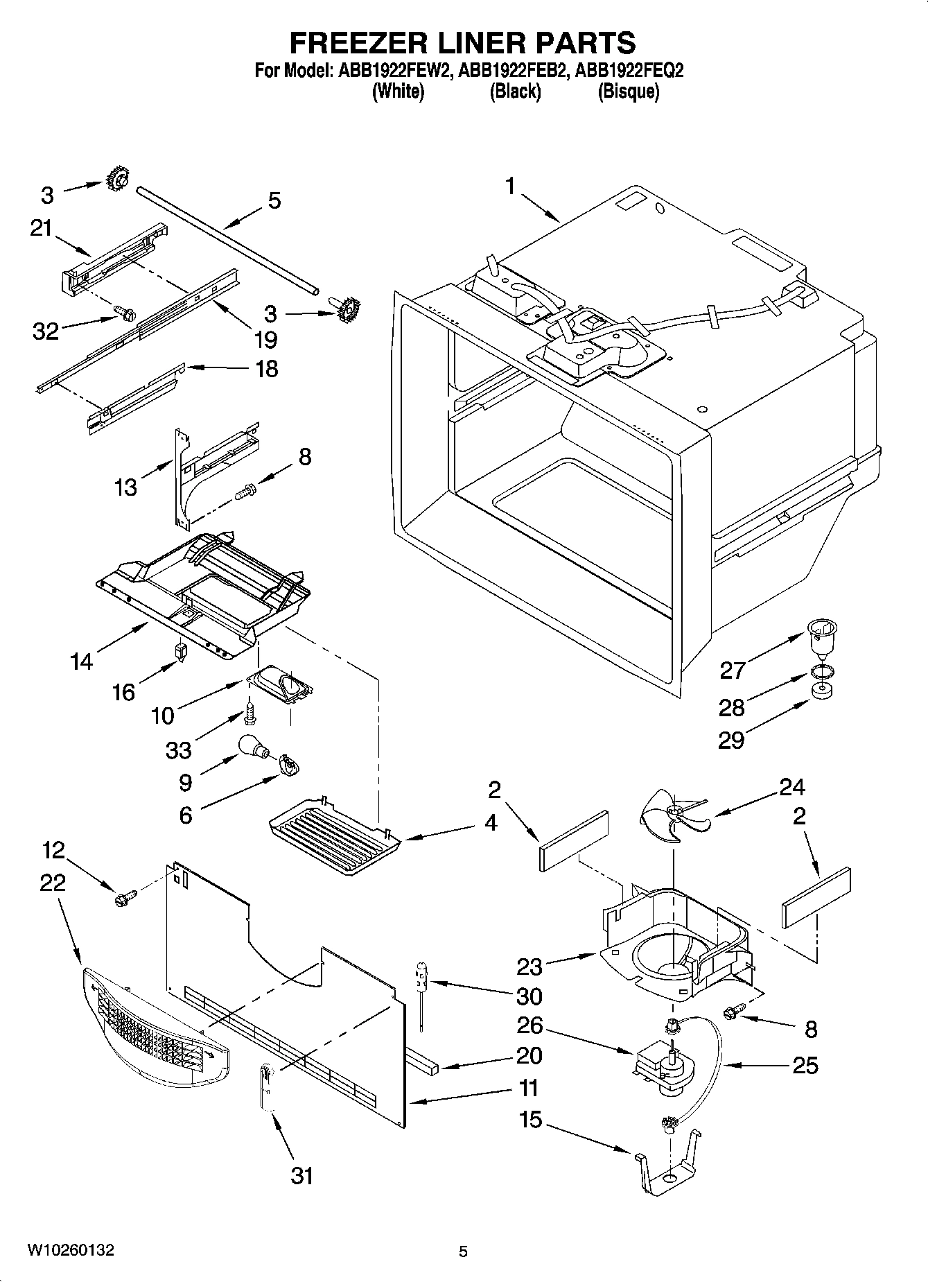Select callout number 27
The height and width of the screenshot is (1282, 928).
[x=732, y=670]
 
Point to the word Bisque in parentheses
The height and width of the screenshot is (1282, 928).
[x=628, y=92]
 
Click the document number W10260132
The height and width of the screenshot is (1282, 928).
[x=71, y=1250]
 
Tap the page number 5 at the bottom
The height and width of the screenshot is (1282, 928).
[x=463, y=1251]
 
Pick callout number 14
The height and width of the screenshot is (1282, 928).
[x=82, y=661]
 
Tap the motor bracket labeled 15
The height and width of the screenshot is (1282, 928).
[x=667, y=1166]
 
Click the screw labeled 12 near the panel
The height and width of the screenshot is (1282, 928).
[x=125, y=899]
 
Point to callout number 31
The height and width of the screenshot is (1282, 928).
[x=301, y=1176]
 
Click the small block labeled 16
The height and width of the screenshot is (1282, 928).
[x=180, y=652]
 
